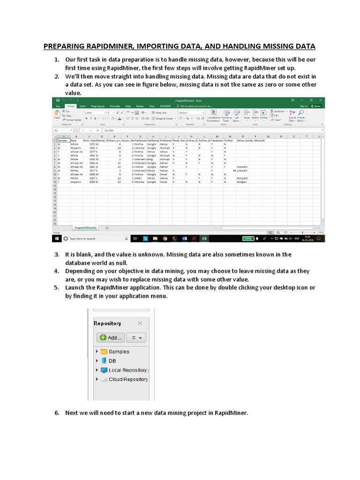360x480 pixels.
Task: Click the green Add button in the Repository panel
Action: pos(110,337)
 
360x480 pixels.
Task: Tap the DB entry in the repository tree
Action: pos(112,361)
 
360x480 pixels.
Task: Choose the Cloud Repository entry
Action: pos(128,379)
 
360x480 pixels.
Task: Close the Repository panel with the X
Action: pos(140,323)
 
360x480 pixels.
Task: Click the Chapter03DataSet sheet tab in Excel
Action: pos(85,227)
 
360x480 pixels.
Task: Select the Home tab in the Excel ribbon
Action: pos(70,106)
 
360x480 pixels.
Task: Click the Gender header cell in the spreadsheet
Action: pos(62,140)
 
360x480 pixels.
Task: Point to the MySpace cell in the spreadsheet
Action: pos(242,178)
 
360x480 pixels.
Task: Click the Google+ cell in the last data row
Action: pos(242,182)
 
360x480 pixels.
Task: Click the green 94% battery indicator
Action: pos(248,239)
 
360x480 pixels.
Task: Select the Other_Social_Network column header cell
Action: pos(251,140)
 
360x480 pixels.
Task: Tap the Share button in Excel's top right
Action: pos(316,106)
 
